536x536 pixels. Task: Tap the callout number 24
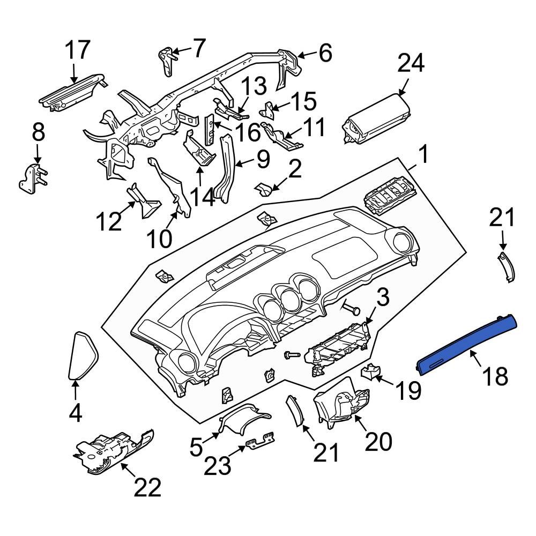click(x=411, y=64)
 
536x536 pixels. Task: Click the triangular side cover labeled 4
click(x=84, y=355)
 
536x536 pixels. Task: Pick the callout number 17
click(x=78, y=51)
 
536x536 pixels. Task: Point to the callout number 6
click(x=325, y=54)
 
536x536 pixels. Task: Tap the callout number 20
click(x=378, y=442)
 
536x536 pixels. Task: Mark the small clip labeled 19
click(x=370, y=371)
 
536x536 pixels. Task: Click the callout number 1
click(x=423, y=156)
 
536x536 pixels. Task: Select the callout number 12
click(x=109, y=221)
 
